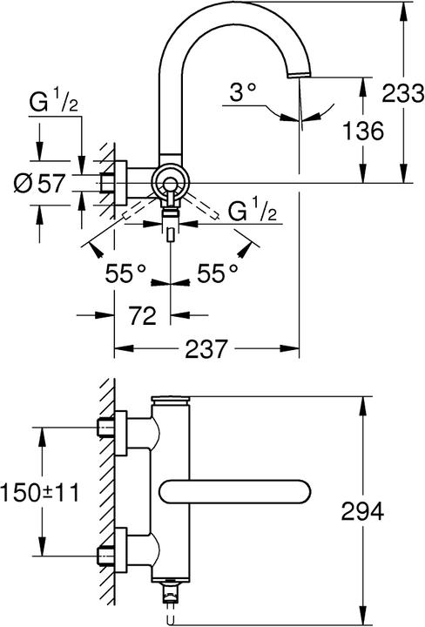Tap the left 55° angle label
[125, 273]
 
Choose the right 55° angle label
[217, 273]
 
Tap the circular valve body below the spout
[169, 183]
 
